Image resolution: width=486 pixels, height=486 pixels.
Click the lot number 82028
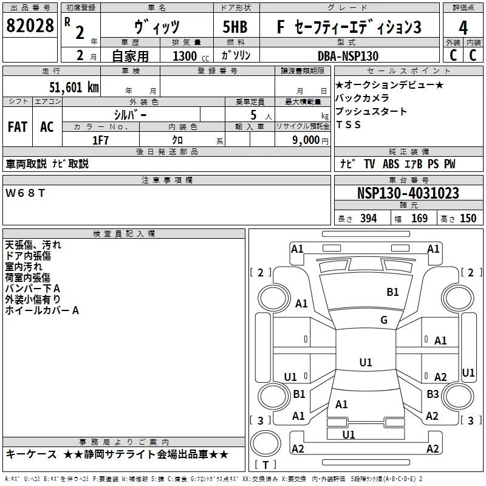click(x=29, y=27)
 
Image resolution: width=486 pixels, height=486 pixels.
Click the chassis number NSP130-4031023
click(x=408, y=194)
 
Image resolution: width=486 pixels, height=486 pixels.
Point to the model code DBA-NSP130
click(x=348, y=56)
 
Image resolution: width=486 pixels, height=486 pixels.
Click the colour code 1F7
click(x=100, y=140)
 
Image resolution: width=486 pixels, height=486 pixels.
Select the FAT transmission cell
click(x=18, y=127)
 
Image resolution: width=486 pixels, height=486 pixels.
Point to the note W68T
click(x=25, y=193)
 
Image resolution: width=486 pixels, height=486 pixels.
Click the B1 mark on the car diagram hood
click(x=392, y=292)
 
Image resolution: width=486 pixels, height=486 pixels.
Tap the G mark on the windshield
click(x=384, y=320)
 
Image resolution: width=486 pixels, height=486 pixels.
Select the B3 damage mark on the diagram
click(x=432, y=394)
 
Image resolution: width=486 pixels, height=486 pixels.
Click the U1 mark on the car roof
click(x=365, y=362)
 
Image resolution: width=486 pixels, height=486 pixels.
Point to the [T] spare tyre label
click(x=265, y=465)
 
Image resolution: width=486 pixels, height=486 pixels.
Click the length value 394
click(x=368, y=219)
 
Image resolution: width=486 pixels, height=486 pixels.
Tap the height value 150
click(x=468, y=219)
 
